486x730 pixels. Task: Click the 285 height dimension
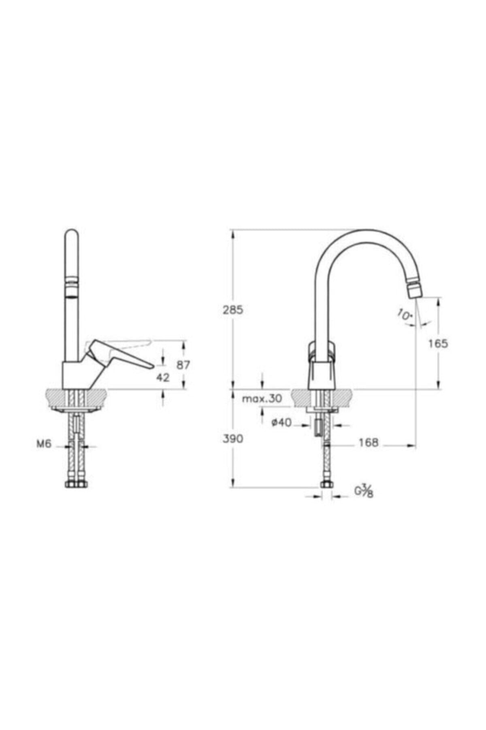(x=233, y=310)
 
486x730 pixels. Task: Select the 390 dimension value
(x=233, y=438)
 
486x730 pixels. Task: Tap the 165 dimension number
(x=438, y=344)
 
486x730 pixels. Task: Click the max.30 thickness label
(x=262, y=398)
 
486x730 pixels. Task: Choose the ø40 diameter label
(x=281, y=422)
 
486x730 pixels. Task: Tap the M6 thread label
(x=44, y=444)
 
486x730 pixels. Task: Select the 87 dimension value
(x=183, y=365)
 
